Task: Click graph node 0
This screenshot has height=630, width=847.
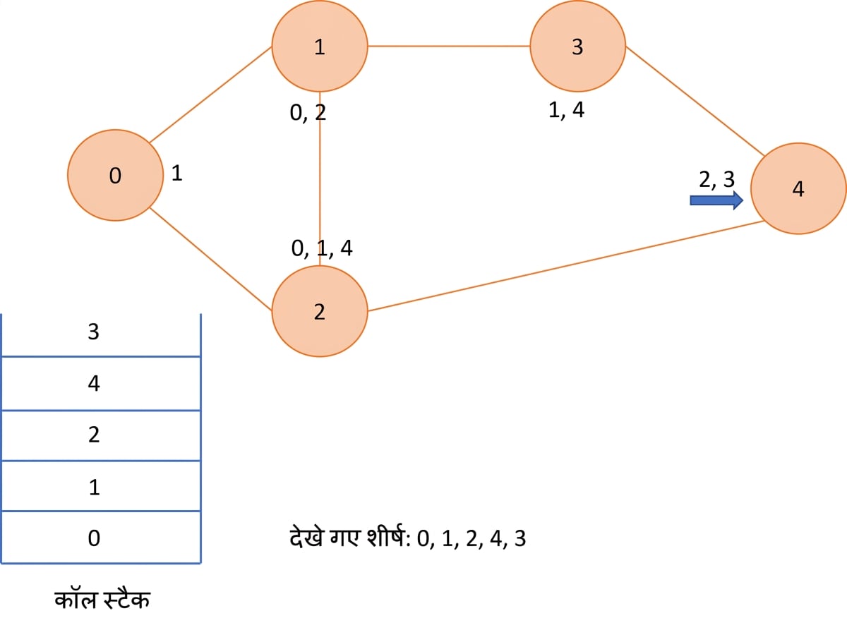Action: [x=115, y=175]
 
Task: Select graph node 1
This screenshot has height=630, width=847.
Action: [x=320, y=46]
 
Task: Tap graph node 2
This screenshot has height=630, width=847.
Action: [x=320, y=311]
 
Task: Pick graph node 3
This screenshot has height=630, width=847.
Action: [x=578, y=46]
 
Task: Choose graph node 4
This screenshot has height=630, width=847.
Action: [x=798, y=188]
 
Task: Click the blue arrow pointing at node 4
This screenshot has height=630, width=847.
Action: [x=716, y=200]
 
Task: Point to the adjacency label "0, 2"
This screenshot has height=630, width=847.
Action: [x=308, y=113]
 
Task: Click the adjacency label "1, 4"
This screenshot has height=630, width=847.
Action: [x=566, y=110]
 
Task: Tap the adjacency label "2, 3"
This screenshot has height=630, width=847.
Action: [x=716, y=179]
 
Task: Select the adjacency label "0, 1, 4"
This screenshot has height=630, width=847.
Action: [x=322, y=248]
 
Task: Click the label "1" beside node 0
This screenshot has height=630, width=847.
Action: [x=176, y=173]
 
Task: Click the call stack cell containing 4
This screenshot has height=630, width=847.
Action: [x=101, y=384]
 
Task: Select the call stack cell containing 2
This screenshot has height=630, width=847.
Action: [x=101, y=436]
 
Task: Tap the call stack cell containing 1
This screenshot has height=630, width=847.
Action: [x=101, y=486]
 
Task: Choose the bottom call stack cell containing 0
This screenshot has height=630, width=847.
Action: [x=101, y=537]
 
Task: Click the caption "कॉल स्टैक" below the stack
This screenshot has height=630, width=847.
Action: [x=102, y=599]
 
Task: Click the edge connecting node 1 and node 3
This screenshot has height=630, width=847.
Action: [x=449, y=46]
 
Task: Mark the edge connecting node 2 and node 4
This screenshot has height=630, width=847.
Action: [x=566, y=266]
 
